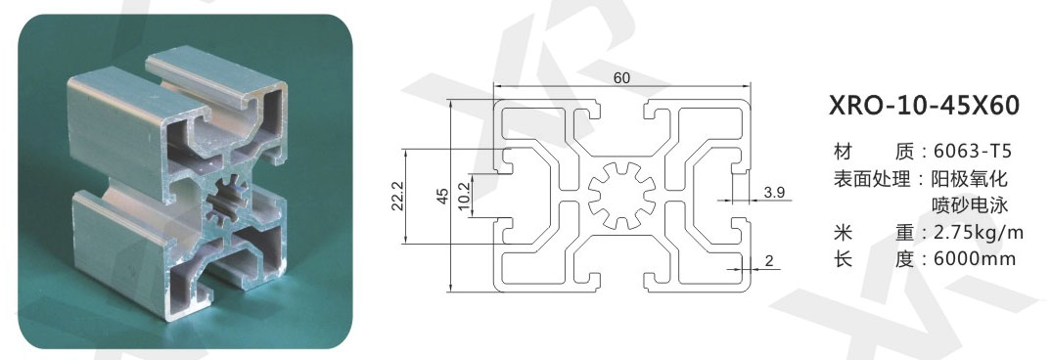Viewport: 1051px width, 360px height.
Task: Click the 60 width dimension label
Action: [621, 77]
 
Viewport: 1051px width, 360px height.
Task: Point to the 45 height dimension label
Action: [441, 196]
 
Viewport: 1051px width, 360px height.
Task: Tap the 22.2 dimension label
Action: [395, 196]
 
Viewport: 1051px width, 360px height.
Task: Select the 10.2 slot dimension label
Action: [463, 196]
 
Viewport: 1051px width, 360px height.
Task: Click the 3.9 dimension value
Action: [773, 193]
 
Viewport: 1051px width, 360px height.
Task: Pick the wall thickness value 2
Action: [769, 261]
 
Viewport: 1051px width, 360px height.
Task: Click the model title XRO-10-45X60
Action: [925, 106]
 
